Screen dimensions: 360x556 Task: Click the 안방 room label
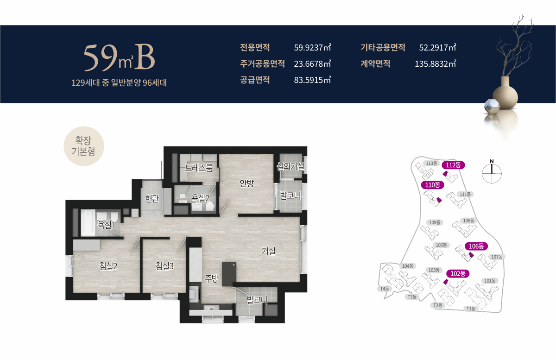[246, 183]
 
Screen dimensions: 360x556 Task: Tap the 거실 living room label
[268, 251]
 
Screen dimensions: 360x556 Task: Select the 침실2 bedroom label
[108, 266]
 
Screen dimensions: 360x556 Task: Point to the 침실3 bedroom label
[164, 266]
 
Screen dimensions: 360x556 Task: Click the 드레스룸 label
[199, 168]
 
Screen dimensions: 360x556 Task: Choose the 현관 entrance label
[152, 199]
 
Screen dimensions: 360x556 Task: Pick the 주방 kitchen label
[212, 278]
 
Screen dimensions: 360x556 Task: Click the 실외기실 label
[290, 167]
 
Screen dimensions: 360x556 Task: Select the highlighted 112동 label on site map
[453, 165]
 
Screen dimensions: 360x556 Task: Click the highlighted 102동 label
[458, 273]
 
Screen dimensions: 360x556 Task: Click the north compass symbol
[492, 173]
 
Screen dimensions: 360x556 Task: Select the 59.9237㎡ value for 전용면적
[312, 47]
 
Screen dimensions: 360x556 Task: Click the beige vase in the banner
[505, 95]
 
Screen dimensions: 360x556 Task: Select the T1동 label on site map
[472, 309]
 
